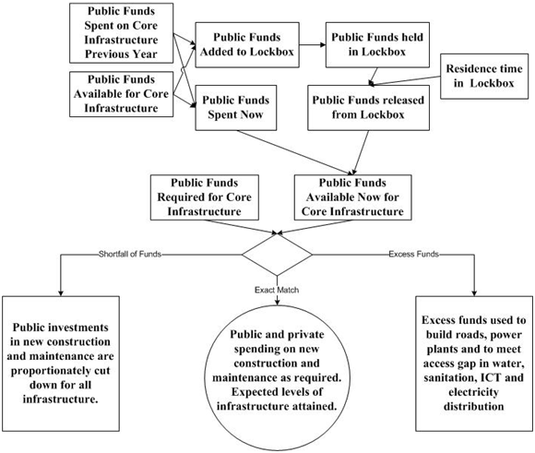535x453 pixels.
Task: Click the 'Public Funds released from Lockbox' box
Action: click(366, 109)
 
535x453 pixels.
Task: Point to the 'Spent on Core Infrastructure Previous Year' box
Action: click(122, 31)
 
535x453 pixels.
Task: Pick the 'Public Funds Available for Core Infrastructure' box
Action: click(122, 94)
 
